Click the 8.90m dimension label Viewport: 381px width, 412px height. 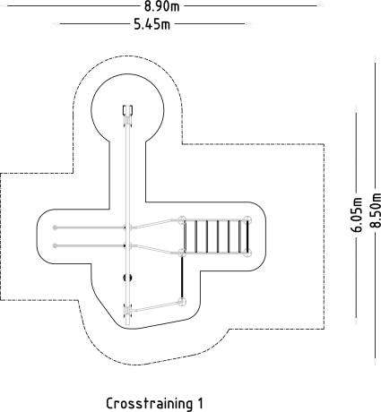coord(162,6)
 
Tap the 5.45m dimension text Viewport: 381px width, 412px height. coord(152,24)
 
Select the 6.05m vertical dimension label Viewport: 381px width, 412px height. coord(357,214)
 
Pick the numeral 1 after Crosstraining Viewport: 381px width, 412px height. coord(200,403)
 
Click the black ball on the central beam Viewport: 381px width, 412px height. coord(127,278)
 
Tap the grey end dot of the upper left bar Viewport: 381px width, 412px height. coord(55,227)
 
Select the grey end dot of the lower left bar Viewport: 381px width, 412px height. coord(55,245)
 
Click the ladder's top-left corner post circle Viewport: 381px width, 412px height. coord(181,220)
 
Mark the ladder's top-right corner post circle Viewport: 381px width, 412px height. coord(247,220)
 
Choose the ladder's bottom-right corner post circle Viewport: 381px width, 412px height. coord(247,253)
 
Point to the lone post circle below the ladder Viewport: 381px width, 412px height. coord(181,301)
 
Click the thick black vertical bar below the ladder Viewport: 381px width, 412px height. coord(181,277)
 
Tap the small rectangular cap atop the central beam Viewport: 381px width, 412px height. coord(127,110)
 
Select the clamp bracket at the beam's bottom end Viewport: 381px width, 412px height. coord(127,310)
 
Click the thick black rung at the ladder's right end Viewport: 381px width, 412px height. coord(247,237)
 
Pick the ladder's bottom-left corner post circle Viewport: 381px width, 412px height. coord(181,253)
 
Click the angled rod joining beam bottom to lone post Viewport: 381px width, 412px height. coord(155,306)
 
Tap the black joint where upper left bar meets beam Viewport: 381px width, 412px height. coord(126,227)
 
